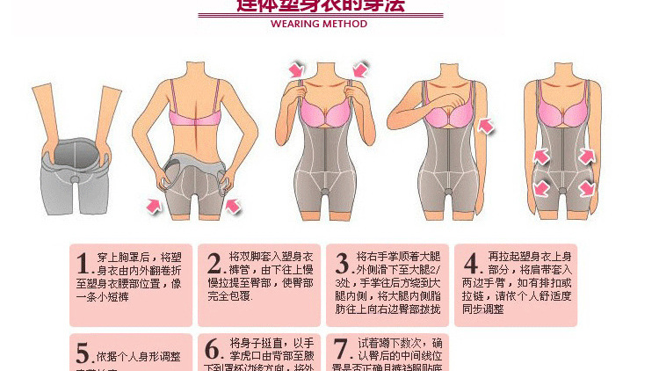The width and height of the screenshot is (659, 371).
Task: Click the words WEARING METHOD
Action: pyautogui.click(x=319, y=24)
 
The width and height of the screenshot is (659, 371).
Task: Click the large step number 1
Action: pyautogui.click(x=84, y=264)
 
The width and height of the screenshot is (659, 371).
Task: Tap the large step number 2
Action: pyautogui.click(x=214, y=264)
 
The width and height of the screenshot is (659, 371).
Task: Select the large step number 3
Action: pyautogui.click(x=343, y=264)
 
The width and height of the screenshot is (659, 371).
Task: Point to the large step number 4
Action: pyautogui.click(x=471, y=264)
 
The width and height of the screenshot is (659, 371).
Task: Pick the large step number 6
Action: pyautogui.click(x=213, y=349)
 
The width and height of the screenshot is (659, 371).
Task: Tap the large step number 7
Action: pyautogui.click(x=342, y=349)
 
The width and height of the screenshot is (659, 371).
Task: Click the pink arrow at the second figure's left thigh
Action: pyautogui.click(x=155, y=205)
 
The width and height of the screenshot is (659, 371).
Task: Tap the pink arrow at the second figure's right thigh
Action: pyautogui.click(x=233, y=206)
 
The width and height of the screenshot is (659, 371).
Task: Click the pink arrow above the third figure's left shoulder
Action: pyautogui.click(x=297, y=69)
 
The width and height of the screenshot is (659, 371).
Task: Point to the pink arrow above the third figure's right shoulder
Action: pyautogui.click(x=360, y=69)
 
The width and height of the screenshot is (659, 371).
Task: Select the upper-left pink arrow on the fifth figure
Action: pyautogui.click(x=540, y=156)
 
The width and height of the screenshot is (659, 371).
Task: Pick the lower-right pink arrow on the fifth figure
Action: pyautogui.click(x=586, y=188)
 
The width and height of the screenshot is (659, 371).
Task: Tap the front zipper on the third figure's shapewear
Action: pyautogui.click(x=328, y=158)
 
